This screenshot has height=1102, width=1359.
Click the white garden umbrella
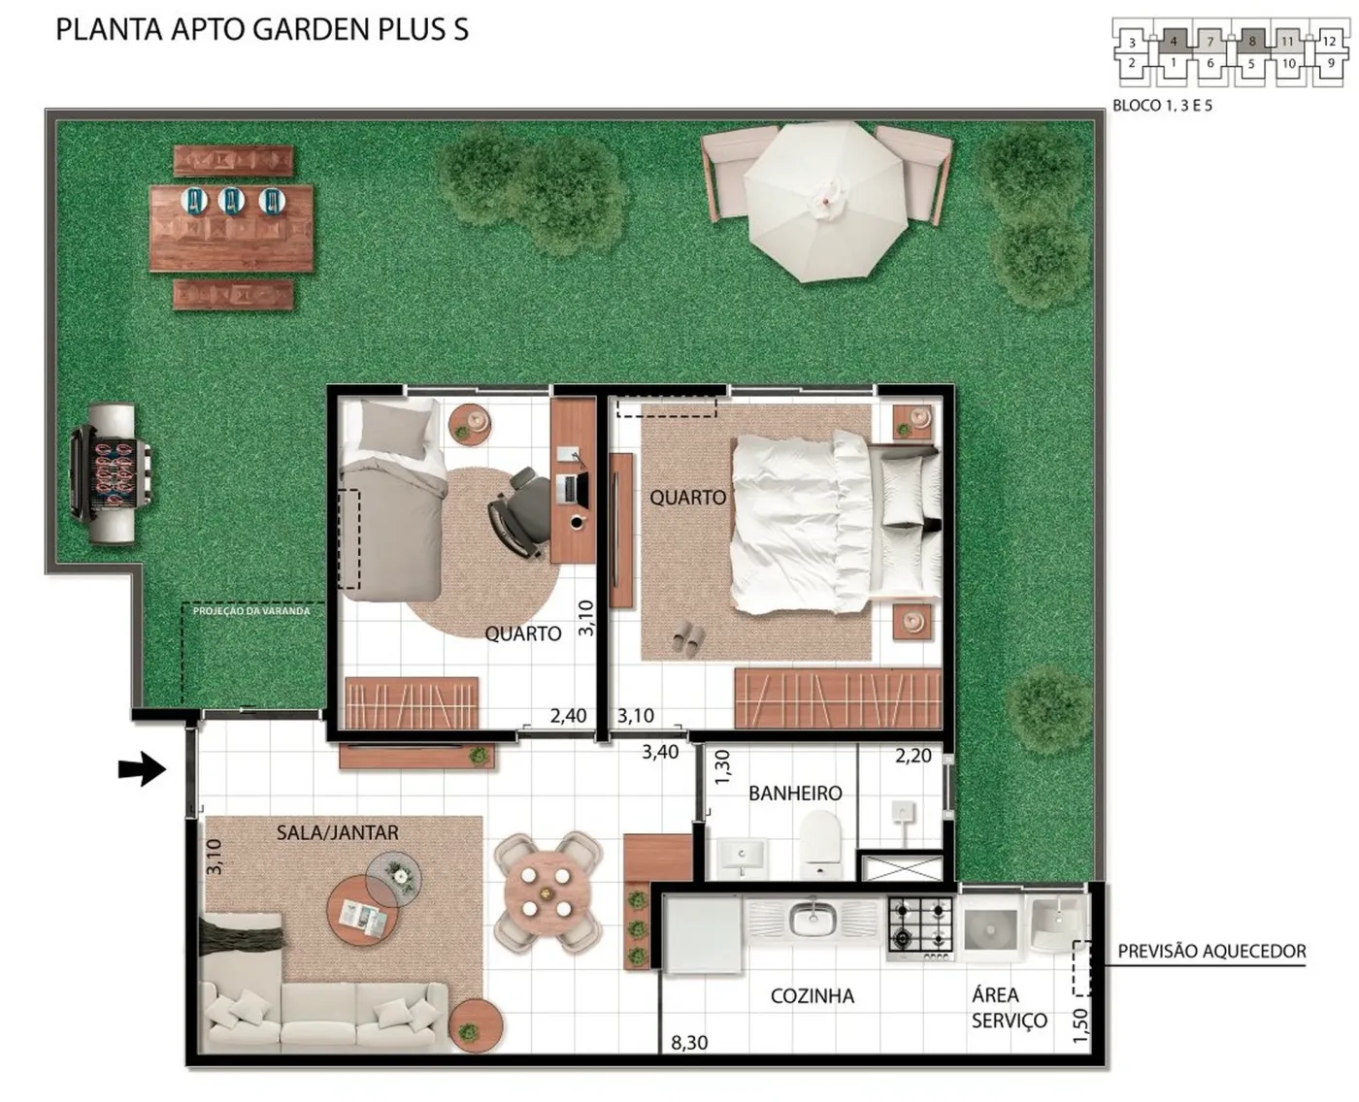pos(826,201)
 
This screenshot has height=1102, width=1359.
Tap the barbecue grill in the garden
pos(111,473)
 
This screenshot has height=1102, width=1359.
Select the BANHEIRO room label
pos(795,794)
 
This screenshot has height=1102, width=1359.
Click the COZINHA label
pos(812,996)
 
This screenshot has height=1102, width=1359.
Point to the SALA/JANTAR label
pos(338,832)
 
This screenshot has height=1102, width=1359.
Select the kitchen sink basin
pos(812,920)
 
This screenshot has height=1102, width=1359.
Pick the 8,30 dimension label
pos(689,1043)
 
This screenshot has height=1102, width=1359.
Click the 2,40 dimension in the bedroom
pos(569,716)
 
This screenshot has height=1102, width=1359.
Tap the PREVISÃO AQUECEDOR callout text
pos(1211,952)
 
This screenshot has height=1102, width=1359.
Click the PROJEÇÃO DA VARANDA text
pos(251,610)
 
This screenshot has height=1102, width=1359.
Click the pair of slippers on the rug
pos(688,639)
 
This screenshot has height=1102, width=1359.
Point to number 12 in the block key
pos(1329,42)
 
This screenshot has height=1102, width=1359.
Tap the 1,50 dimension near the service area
pos(1079,1025)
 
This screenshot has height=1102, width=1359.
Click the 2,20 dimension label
pos(913,756)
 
